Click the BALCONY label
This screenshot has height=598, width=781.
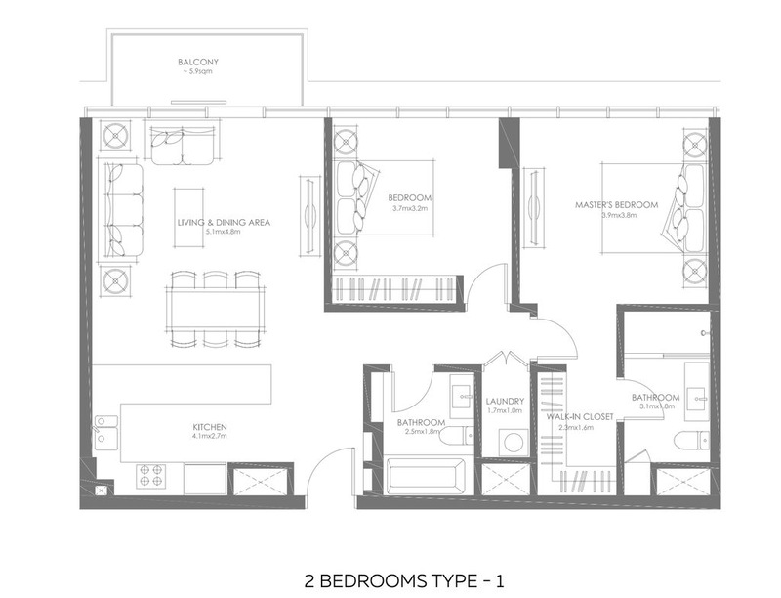tap(198, 63)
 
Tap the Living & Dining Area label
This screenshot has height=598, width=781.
tap(224, 222)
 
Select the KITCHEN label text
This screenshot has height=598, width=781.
tap(210, 427)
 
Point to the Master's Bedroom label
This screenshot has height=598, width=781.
tap(617, 205)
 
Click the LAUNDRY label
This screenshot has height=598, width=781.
tap(505, 402)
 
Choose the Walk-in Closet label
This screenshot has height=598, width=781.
tap(580, 416)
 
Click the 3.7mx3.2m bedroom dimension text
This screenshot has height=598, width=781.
tap(410, 208)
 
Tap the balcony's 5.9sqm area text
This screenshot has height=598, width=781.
tap(197, 71)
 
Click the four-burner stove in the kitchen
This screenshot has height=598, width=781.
tap(151, 476)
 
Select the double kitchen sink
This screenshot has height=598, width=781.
tap(106, 433)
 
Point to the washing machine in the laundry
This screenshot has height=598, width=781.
tap(514, 442)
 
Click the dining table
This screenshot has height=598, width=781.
tap(216, 309)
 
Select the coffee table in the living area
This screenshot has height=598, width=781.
tap(188, 217)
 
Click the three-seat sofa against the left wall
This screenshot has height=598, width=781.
tap(123, 211)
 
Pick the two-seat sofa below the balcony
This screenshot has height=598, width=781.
tap(183, 145)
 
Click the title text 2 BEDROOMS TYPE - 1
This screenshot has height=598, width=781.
tap(404, 581)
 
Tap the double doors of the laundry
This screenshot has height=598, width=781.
tap(507, 361)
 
